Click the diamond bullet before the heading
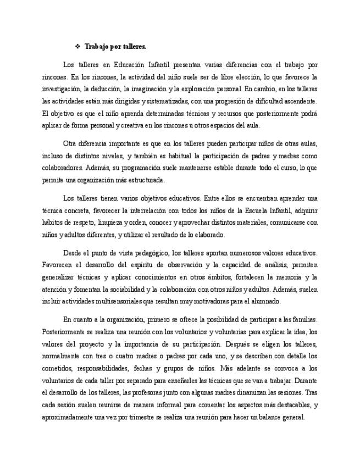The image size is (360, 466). click(x=77, y=47)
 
